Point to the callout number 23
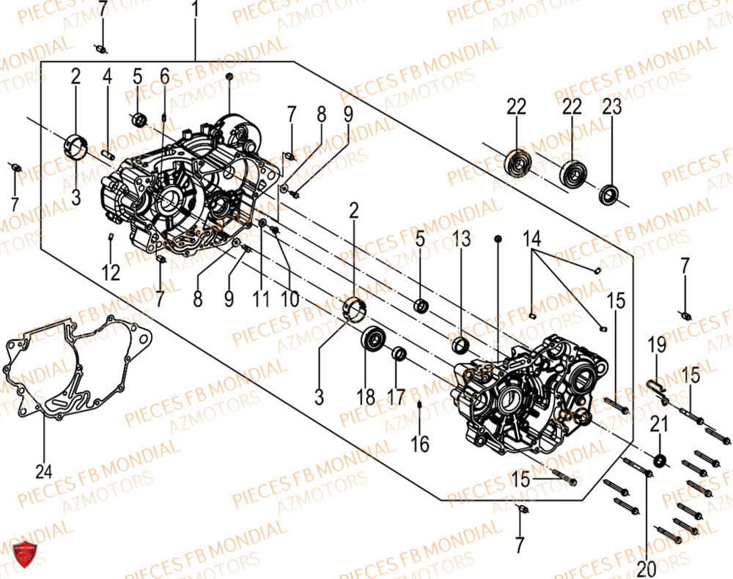tap(611, 107)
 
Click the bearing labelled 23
tap(608, 195)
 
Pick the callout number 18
tap(366, 397)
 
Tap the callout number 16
tap(420, 444)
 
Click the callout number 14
tap(533, 238)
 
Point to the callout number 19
tap(656, 344)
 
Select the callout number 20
tap(647, 569)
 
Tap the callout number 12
tap(111, 273)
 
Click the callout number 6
tap(164, 76)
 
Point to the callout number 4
tap(107, 76)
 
